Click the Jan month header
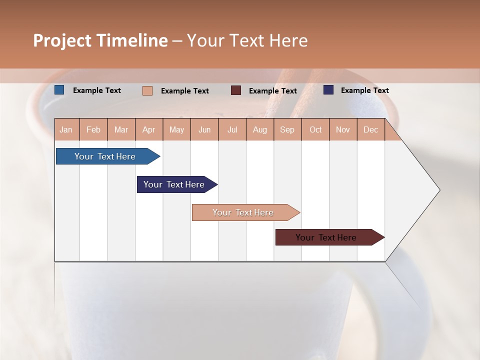click(x=66, y=129)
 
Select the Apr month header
click(x=149, y=129)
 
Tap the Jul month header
click(x=232, y=129)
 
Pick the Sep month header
click(x=287, y=129)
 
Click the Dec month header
click(x=370, y=129)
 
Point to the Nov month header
click(x=343, y=129)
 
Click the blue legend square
click(x=59, y=90)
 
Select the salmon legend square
click(x=147, y=90)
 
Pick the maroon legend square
click(x=236, y=90)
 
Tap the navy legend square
click(x=328, y=90)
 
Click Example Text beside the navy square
click(x=364, y=90)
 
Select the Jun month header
click(x=204, y=129)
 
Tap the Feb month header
click(x=93, y=129)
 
